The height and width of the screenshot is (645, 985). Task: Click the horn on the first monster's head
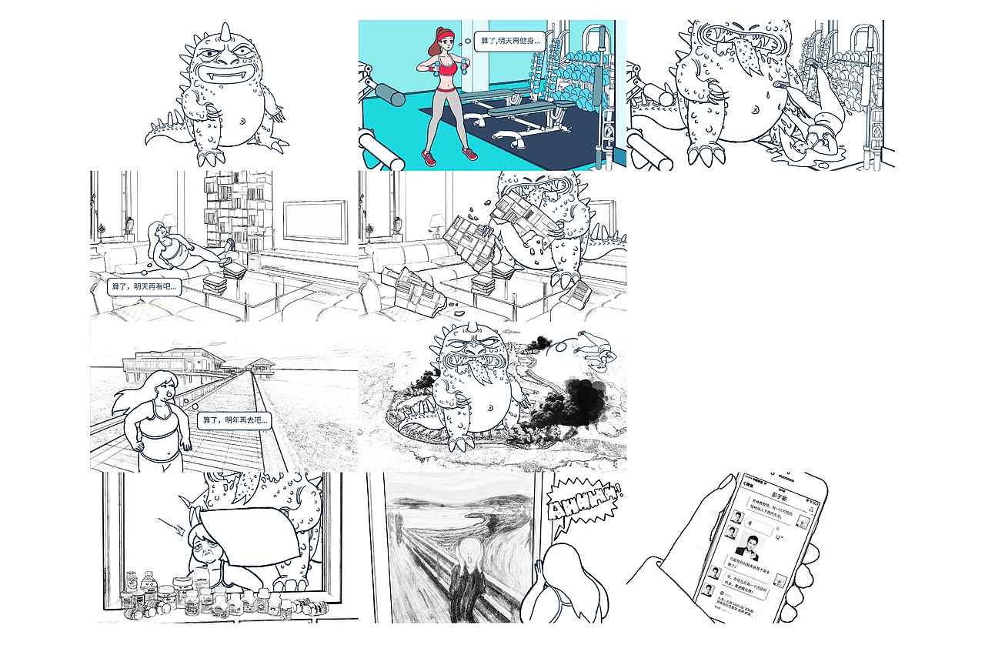(225, 32)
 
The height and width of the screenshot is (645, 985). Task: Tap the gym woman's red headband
(445, 33)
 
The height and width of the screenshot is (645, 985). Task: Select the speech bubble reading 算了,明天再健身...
(509, 40)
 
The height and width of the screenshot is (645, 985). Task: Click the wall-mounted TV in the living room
(316, 221)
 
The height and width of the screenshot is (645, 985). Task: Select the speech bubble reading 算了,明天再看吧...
(144, 288)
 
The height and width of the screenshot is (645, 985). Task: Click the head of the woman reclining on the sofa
(158, 230)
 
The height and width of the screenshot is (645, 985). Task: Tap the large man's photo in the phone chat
(747, 547)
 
